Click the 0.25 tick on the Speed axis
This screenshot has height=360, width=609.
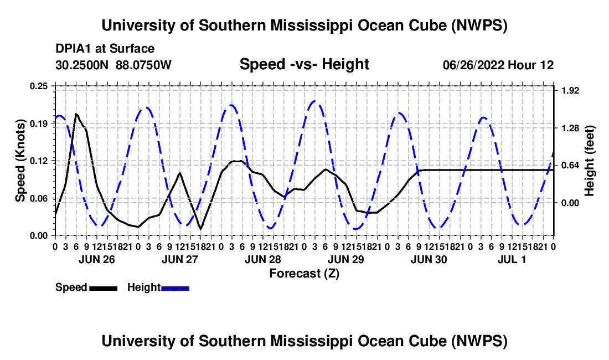click(x=39, y=86)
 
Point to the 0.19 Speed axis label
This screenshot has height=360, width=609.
click(x=39, y=124)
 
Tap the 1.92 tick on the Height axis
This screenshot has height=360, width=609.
click(x=570, y=90)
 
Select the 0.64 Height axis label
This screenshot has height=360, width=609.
click(x=570, y=166)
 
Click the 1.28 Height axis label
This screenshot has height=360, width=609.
click(x=570, y=128)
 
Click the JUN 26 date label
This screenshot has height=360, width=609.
click(x=97, y=259)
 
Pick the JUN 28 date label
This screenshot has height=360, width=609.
click(x=263, y=259)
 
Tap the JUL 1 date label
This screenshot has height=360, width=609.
click(x=512, y=259)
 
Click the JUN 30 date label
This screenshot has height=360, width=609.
click(x=429, y=259)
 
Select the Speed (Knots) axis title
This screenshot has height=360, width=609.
click(x=20, y=161)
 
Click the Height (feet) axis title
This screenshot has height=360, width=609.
click(x=589, y=161)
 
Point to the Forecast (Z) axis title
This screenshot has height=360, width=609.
click(x=304, y=274)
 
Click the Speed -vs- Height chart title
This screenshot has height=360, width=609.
click(x=304, y=64)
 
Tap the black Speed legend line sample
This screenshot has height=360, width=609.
click(x=104, y=289)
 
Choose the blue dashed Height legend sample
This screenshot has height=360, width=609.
click(x=175, y=289)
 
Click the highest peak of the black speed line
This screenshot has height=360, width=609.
click(x=76, y=114)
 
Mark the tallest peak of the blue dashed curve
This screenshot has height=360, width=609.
click(x=315, y=101)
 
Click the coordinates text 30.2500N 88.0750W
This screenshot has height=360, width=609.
click(x=113, y=65)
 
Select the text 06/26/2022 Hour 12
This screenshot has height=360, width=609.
click(x=498, y=65)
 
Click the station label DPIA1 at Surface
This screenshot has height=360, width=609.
click(x=105, y=49)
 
